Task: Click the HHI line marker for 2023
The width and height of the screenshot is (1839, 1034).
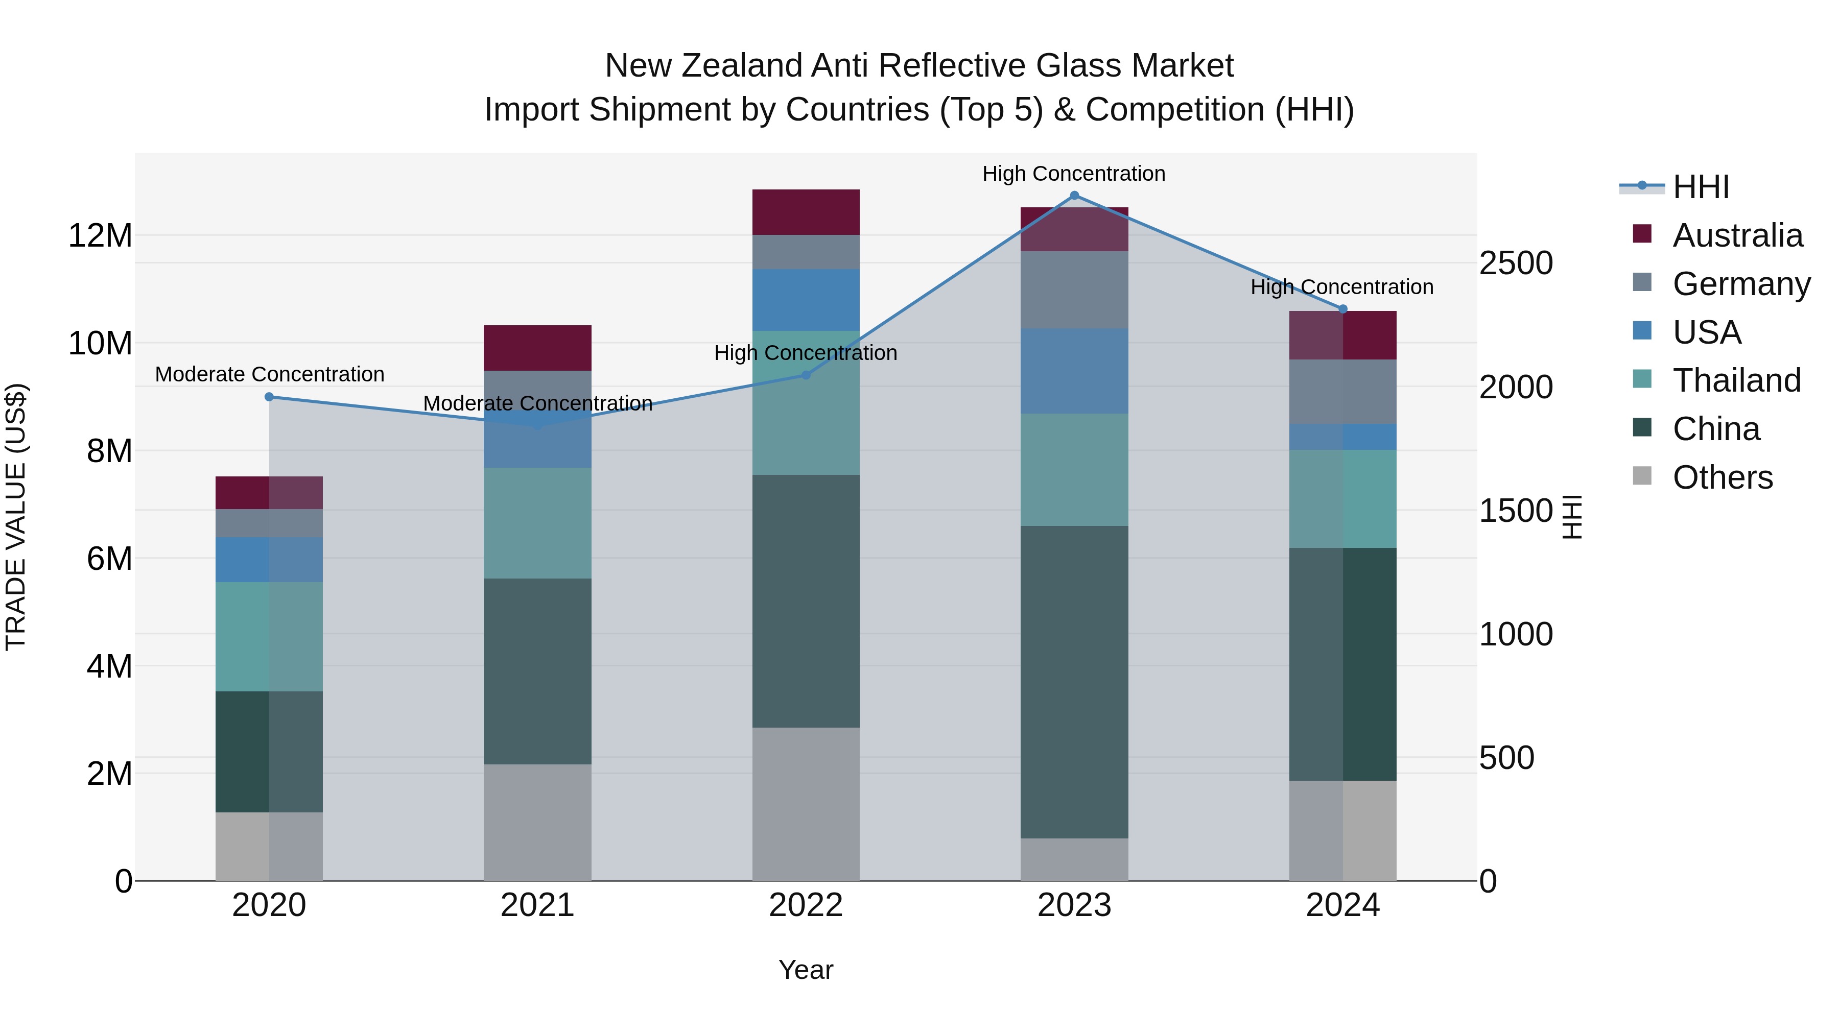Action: [1074, 196]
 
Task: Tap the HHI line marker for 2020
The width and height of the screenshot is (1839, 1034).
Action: [269, 397]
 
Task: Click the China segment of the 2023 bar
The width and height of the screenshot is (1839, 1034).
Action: [1074, 682]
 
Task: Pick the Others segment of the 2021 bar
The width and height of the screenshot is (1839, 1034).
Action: [537, 822]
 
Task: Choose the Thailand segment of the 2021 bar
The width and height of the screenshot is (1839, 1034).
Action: [537, 522]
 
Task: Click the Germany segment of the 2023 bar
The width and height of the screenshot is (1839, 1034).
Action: [1074, 289]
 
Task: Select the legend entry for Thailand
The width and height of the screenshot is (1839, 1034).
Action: [1736, 380]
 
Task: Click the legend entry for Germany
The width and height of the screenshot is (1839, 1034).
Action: [1740, 284]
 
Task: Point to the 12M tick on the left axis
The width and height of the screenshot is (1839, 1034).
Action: [100, 235]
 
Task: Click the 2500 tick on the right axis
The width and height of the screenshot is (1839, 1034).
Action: [1515, 263]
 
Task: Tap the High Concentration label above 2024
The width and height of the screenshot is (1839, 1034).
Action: [1341, 287]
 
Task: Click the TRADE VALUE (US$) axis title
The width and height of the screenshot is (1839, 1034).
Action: [16, 517]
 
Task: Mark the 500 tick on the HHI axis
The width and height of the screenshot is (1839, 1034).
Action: [1506, 758]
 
